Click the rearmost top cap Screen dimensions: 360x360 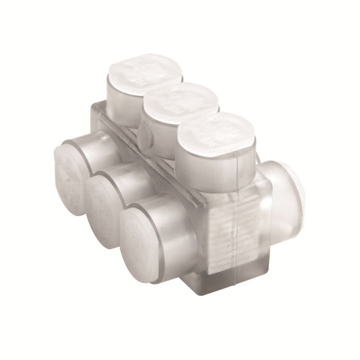click(x=138, y=70)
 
